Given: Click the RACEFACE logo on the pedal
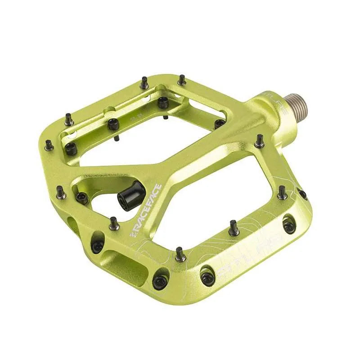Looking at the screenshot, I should [145, 210].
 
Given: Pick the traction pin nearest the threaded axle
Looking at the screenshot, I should [259, 141].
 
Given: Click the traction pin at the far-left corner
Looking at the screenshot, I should [49, 145].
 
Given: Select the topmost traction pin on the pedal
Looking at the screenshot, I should [180, 80].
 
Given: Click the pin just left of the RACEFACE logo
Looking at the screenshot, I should [113, 223].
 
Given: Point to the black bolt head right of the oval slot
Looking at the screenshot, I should [159, 282].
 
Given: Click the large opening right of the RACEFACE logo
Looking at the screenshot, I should [211, 198].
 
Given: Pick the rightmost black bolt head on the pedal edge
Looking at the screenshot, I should [303, 194].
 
